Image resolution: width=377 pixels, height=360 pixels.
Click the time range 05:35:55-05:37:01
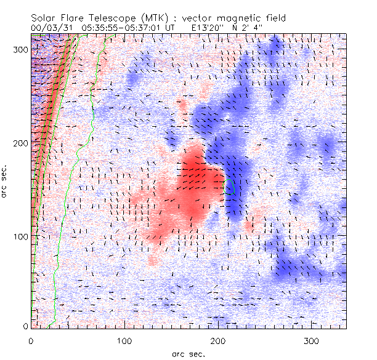[127, 28]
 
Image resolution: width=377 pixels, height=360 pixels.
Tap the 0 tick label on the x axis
[31, 340]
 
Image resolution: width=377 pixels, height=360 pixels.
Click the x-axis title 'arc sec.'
[188, 353]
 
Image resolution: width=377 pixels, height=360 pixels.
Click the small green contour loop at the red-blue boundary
[230, 187]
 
